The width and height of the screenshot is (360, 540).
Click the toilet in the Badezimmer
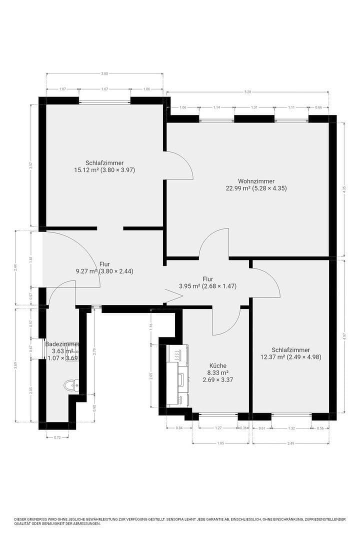(x=72, y=385)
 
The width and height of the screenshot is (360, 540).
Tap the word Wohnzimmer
(x=256, y=181)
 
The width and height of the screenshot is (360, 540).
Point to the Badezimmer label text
(x=62, y=344)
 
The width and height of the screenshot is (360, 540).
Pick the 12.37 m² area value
(x=272, y=357)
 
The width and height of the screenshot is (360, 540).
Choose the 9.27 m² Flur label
(x=85, y=271)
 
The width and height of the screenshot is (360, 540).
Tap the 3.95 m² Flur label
(x=189, y=286)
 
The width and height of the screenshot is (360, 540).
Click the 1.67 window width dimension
(x=104, y=89)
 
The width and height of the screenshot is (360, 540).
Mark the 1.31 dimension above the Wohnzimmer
(x=254, y=107)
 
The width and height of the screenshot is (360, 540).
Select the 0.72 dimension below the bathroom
(x=57, y=437)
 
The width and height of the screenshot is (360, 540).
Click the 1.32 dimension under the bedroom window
(x=291, y=428)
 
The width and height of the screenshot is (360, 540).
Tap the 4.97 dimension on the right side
(x=344, y=336)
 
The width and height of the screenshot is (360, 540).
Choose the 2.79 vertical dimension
(x=94, y=351)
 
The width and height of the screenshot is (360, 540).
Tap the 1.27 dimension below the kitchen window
(x=218, y=428)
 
